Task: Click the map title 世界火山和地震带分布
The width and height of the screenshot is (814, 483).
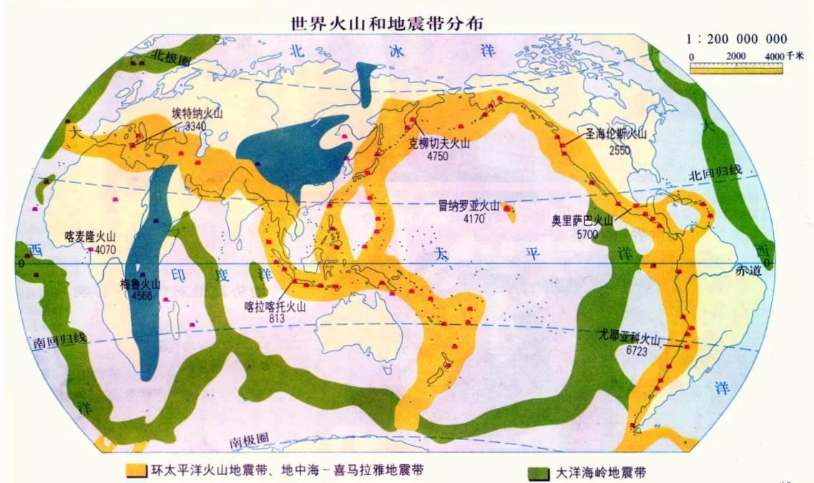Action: pos(386,23)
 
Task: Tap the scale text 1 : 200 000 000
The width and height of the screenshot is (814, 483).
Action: pos(737,39)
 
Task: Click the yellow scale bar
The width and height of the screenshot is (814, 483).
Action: pos(736,69)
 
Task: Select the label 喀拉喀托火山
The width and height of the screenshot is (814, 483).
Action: pos(275,306)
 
